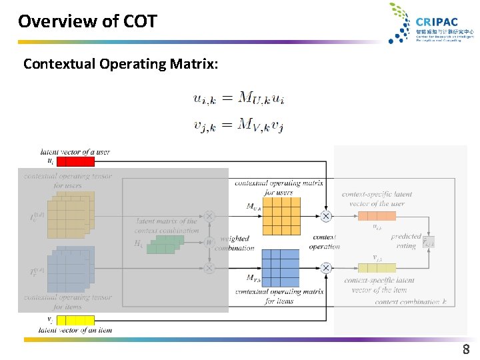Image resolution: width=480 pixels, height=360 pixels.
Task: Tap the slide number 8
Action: pyautogui.click(x=466, y=349)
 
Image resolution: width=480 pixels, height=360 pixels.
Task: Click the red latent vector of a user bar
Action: pyautogui.click(x=77, y=161)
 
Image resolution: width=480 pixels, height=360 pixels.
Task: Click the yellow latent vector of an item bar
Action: pyautogui.click(x=76, y=320)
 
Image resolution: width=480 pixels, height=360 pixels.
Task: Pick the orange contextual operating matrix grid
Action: pyautogui.click(x=281, y=216)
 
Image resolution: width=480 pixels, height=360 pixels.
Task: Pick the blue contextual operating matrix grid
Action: pyautogui.click(x=281, y=267)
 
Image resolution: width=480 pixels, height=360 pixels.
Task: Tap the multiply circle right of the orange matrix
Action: pyautogui.click(x=326, y=216)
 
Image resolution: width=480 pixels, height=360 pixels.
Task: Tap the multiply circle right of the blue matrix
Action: pyautogui.click(x=326, y=268)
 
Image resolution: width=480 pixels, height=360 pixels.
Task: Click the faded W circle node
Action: pyautogui.click(x=209, y=242)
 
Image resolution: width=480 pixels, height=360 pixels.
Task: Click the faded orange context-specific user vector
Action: pyautogui.click(x=377, y=216)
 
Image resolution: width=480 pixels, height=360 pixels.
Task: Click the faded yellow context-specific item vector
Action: pyautogui.click(x=377, y=268)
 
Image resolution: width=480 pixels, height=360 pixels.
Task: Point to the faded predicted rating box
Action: pyautogui.click(x=428, y=242)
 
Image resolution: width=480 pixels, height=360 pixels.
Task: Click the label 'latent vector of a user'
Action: pyautogui.click(x=75, y=152)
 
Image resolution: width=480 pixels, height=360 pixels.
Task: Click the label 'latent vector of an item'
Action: pyautogui.click(x=75, y=330)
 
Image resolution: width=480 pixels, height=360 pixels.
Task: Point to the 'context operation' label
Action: pyautogui.click(x=324, y=242)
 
